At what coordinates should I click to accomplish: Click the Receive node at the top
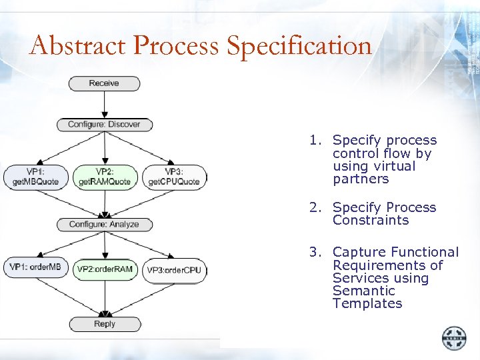pyautogui.click(x=104, y=83)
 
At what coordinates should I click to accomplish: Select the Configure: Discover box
pyautogui.click(x=104, y=124)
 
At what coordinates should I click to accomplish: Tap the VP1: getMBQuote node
pyautogui.click(x=36, y=177)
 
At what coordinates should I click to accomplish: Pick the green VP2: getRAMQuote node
pyautogui.click(x=105, y=177)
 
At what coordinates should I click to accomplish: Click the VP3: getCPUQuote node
pyautogui.click(x=173, y=177)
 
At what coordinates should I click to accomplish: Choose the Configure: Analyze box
pyautogui.click(x=104, y=225)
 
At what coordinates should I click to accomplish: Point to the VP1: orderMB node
pyautogui.click(x=35, y=268)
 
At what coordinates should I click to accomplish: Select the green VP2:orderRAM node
pyautogui.click(x=105, y=269)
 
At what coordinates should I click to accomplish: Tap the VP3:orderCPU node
pyautogui.click(x=173, y=269)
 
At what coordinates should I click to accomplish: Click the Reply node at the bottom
pyautogui.click(x=105, y=324)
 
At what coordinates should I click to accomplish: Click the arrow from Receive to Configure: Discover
pyautogui.click(x=104, y=103)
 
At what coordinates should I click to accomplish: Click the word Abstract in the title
pyautogui.click(x=77, y=46)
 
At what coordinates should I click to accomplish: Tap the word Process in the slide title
pyautogui.click(x=176, y=46)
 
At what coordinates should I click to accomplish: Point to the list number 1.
pyautogui.click(x=313, y=141)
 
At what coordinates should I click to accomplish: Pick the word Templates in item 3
pyautogui.click(x=367, y=303)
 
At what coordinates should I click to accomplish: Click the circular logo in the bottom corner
pyautogui.click(x=454, y=337)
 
